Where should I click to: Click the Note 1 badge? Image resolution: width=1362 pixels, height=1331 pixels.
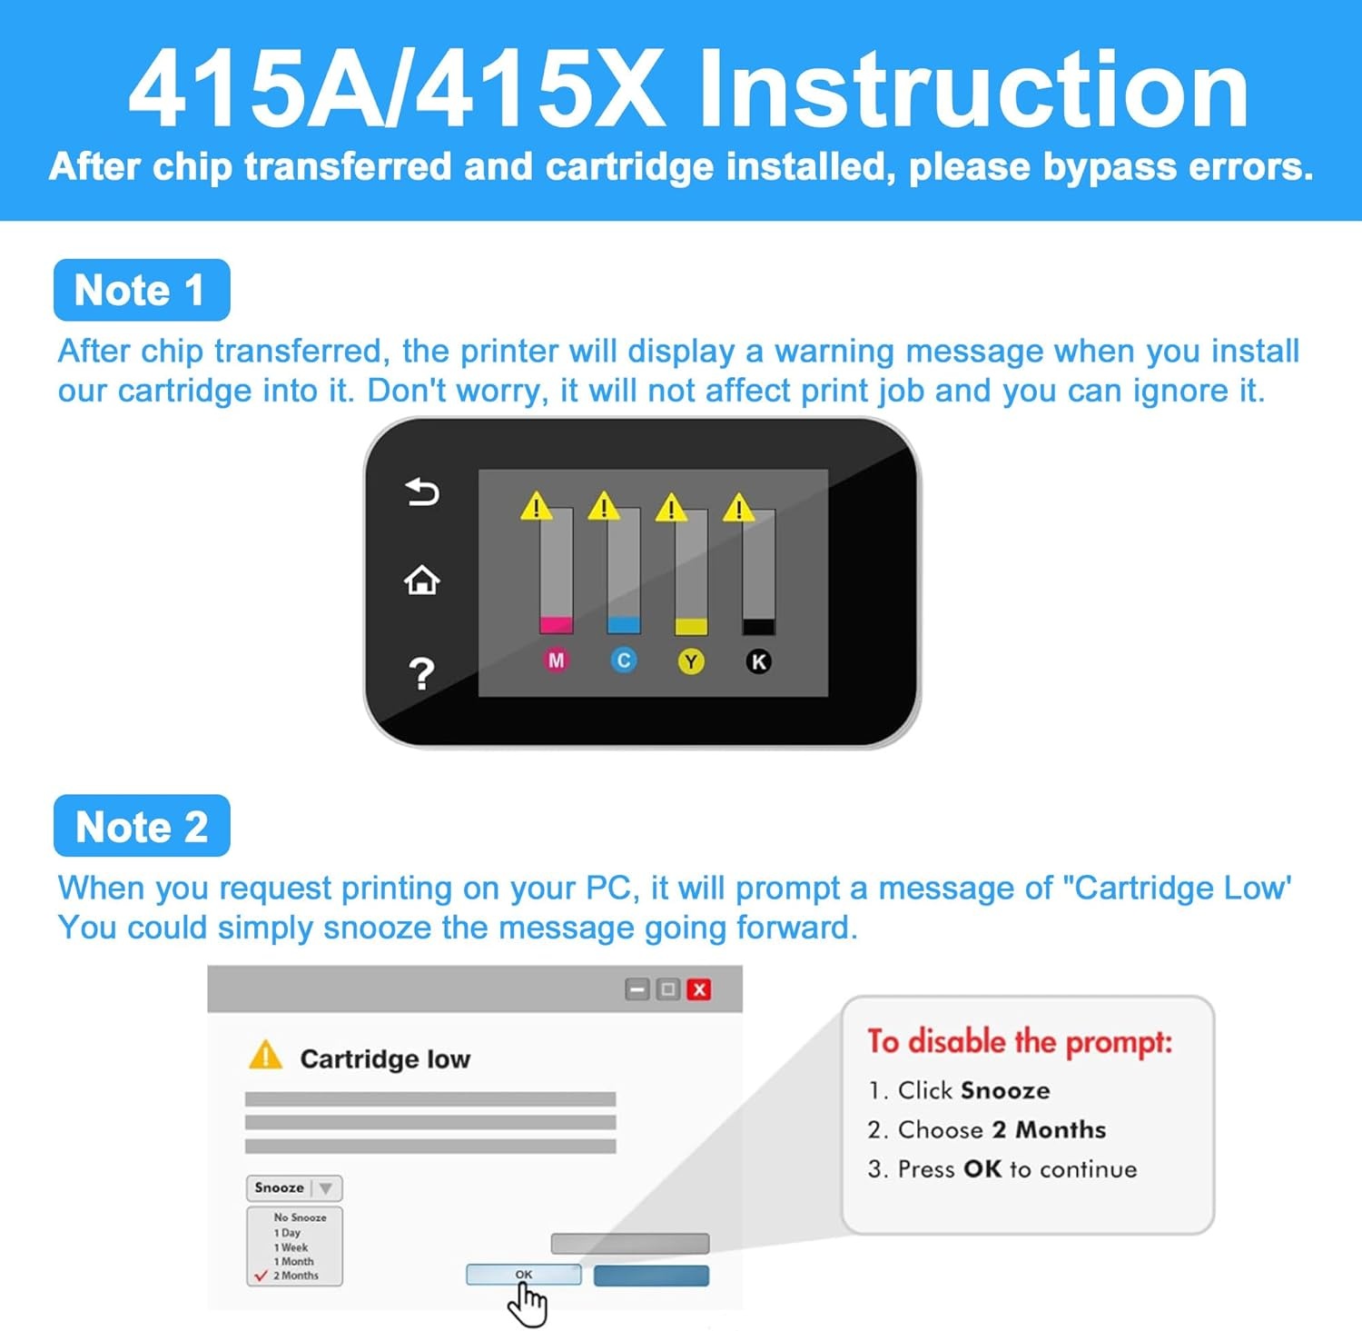pyautogui.click(x=142, y=290)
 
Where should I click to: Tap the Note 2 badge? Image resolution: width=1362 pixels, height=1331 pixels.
pyautogui.click(x=142, y=826)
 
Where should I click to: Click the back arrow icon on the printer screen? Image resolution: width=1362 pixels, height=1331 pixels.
pyautogui.click(x=422, y=492)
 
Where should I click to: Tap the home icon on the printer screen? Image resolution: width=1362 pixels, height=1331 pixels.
pyautogui.click(x=422, y=580)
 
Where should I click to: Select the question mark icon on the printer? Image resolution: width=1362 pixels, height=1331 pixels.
pyautogui.click(x=421, y=674)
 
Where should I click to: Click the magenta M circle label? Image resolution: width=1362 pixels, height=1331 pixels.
pyautogui.click(x=557, y=661)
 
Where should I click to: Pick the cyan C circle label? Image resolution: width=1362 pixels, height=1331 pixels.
pyautogui.click(x=624, y=661)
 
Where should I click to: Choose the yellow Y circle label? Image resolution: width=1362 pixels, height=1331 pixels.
pyautogui.click(x=691, y=661)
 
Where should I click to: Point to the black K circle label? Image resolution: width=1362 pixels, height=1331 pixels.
pyautogui.click(x=758, y=661)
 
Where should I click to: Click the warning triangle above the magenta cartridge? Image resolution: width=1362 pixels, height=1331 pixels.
pyautogui.click(x=537, y=506)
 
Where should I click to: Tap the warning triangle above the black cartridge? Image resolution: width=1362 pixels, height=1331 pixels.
pyautogui.click(x=739, y=507)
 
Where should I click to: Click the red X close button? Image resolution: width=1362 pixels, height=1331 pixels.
pyautogui.click(x=699, y=989)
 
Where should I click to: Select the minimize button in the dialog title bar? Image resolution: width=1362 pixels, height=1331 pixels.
pyautogui.click(x=637, y=989)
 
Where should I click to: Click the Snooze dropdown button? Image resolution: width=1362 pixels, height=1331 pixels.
pyautogui.click(x=294, y=1187)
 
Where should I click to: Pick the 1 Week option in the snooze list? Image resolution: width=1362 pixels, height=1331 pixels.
pyautogui.click(x=291, y=1247)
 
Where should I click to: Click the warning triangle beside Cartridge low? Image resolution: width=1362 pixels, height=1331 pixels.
pyautogui.click(x=266, y=1055)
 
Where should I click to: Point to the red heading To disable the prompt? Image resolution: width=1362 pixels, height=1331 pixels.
pyautogui.click(x=1020, y=1041)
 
